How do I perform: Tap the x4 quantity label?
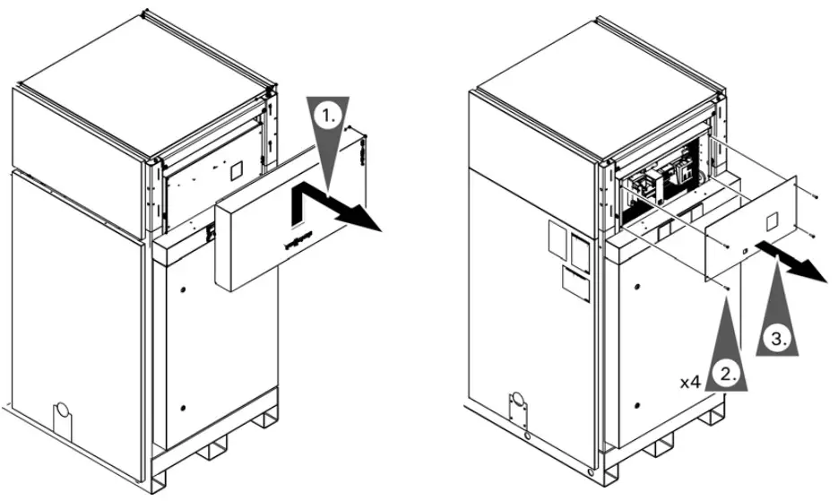[688, 383]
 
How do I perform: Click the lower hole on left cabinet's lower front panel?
[183, 408]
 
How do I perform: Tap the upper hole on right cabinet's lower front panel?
[637, 286]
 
